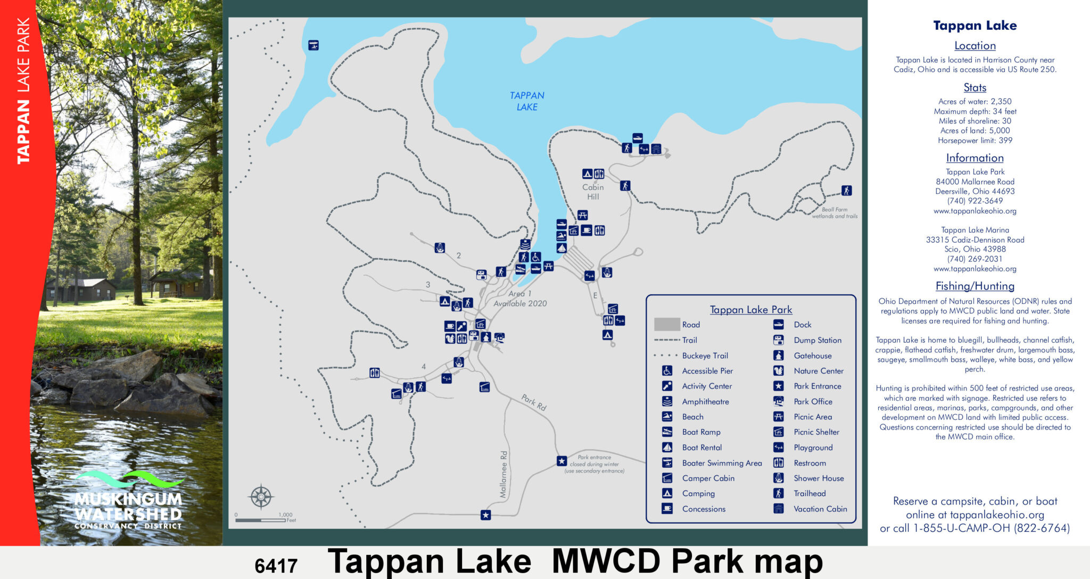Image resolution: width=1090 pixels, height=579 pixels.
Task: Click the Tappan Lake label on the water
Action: coord(527,101)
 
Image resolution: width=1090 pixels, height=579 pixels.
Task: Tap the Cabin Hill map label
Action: coord(593,192)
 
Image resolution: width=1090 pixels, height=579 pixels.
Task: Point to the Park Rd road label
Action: coord(533,402)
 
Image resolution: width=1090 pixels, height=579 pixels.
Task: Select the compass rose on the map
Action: coord(261,497)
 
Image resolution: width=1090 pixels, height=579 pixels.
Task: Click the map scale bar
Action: coord(261,520)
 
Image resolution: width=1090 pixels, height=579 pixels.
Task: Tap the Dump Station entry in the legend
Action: coord(817,341)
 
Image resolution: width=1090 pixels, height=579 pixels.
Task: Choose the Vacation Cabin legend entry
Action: coord(820,509)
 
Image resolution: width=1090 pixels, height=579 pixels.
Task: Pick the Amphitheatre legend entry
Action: coord(705,402)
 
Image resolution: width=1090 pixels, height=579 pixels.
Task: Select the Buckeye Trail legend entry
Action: coord(705,356)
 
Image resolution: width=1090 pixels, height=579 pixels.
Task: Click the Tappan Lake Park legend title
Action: coord(750,310)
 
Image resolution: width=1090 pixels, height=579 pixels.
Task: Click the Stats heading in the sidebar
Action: coord(975,88)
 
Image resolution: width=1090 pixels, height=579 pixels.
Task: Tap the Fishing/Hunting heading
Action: coord(975,286)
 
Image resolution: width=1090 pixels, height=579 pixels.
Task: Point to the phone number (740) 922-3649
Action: coord(975,201)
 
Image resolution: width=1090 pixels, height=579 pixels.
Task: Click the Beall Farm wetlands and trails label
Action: coord(835,213)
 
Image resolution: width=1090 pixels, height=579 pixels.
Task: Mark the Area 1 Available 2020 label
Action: coord(520,299)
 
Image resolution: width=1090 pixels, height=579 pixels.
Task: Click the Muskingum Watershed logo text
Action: coord(128,507)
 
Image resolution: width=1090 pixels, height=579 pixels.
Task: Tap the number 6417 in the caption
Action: coord(276,566)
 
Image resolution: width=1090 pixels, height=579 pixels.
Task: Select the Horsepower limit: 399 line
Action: coord(975,140)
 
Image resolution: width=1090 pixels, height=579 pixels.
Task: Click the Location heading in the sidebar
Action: coord(975,46)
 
